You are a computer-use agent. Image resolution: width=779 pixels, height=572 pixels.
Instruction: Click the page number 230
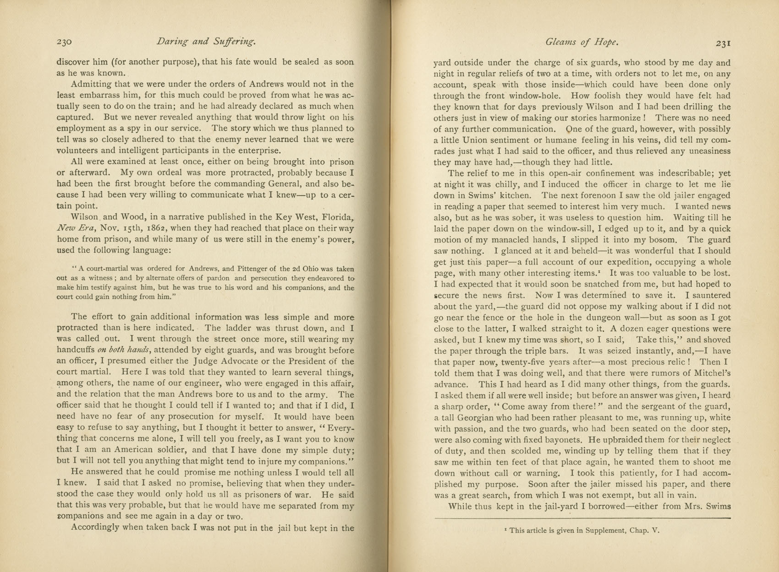pyautogui.click(x=64, y=42)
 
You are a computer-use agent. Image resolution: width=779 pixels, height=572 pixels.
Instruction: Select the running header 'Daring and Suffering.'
pyautogui.click(x=206, y=42)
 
